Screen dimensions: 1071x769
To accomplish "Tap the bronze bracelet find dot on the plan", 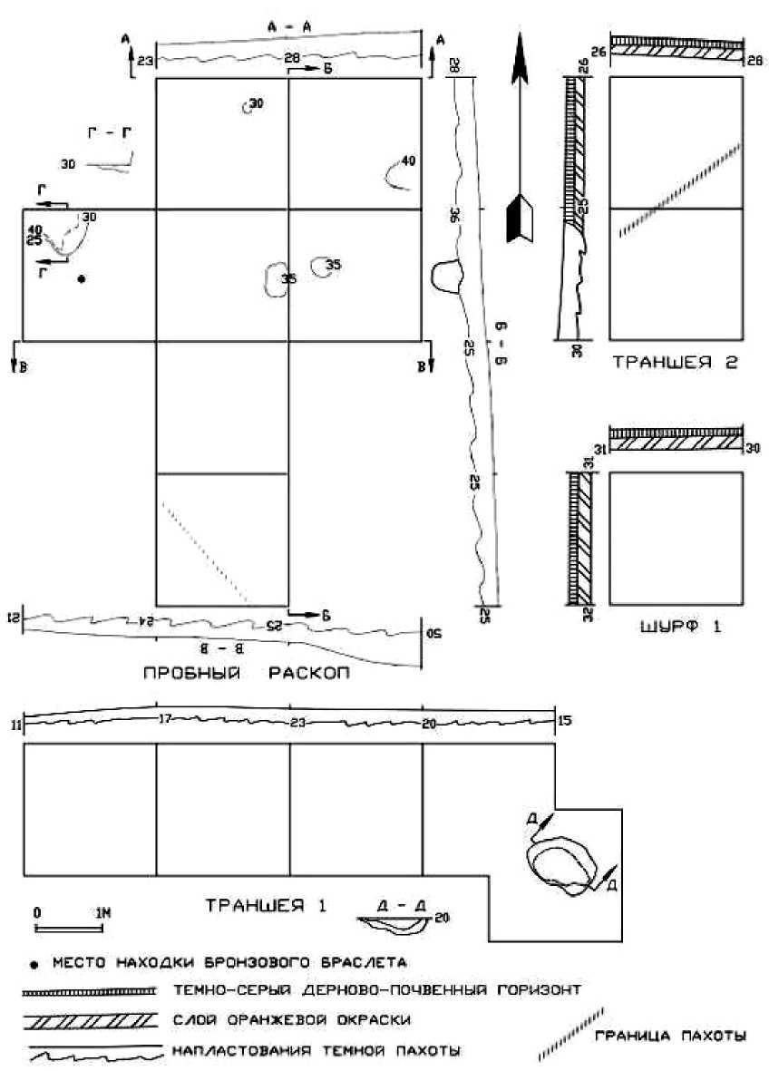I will pos(82,278).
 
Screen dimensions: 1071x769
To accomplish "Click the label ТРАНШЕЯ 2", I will pos(675,363).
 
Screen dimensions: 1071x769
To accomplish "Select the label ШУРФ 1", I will pos(677,625).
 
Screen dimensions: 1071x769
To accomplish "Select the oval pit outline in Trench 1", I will pos(561,862).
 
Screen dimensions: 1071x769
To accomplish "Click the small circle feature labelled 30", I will pos(247,107).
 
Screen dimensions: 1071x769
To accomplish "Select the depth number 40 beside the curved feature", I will pos(407,161).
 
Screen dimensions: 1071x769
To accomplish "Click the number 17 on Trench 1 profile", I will pos(163,720).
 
